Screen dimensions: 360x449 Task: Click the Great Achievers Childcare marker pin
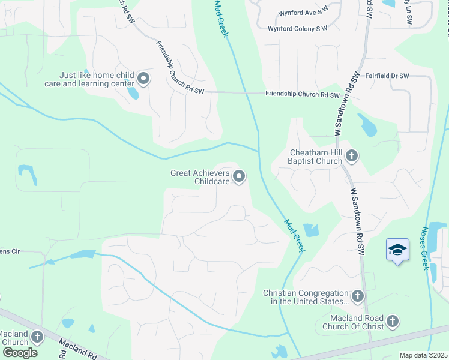click(239, 176)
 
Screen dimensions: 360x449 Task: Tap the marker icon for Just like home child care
click(143, 79)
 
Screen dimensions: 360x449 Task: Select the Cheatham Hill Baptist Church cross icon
click(352, 157)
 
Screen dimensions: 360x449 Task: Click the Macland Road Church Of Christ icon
click(393, 322)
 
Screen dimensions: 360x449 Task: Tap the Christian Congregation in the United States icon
click(358, 296)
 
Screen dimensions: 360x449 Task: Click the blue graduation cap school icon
click(397, 249)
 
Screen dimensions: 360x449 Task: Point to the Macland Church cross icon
click(38, 337)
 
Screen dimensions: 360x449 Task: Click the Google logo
click(19, 353)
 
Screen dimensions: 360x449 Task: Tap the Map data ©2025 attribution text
click(423, 355)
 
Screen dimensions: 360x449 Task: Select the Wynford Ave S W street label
click(303, 13)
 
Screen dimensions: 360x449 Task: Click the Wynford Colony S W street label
click(298, 28)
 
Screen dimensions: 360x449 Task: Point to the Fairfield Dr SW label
click(387, 76)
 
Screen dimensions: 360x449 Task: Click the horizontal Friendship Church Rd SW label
click(303, 95)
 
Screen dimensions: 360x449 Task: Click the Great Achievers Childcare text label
click(200, 176)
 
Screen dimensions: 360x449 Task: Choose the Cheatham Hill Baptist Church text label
click(316, 157)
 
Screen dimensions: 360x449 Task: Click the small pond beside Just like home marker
click(133, 93)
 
